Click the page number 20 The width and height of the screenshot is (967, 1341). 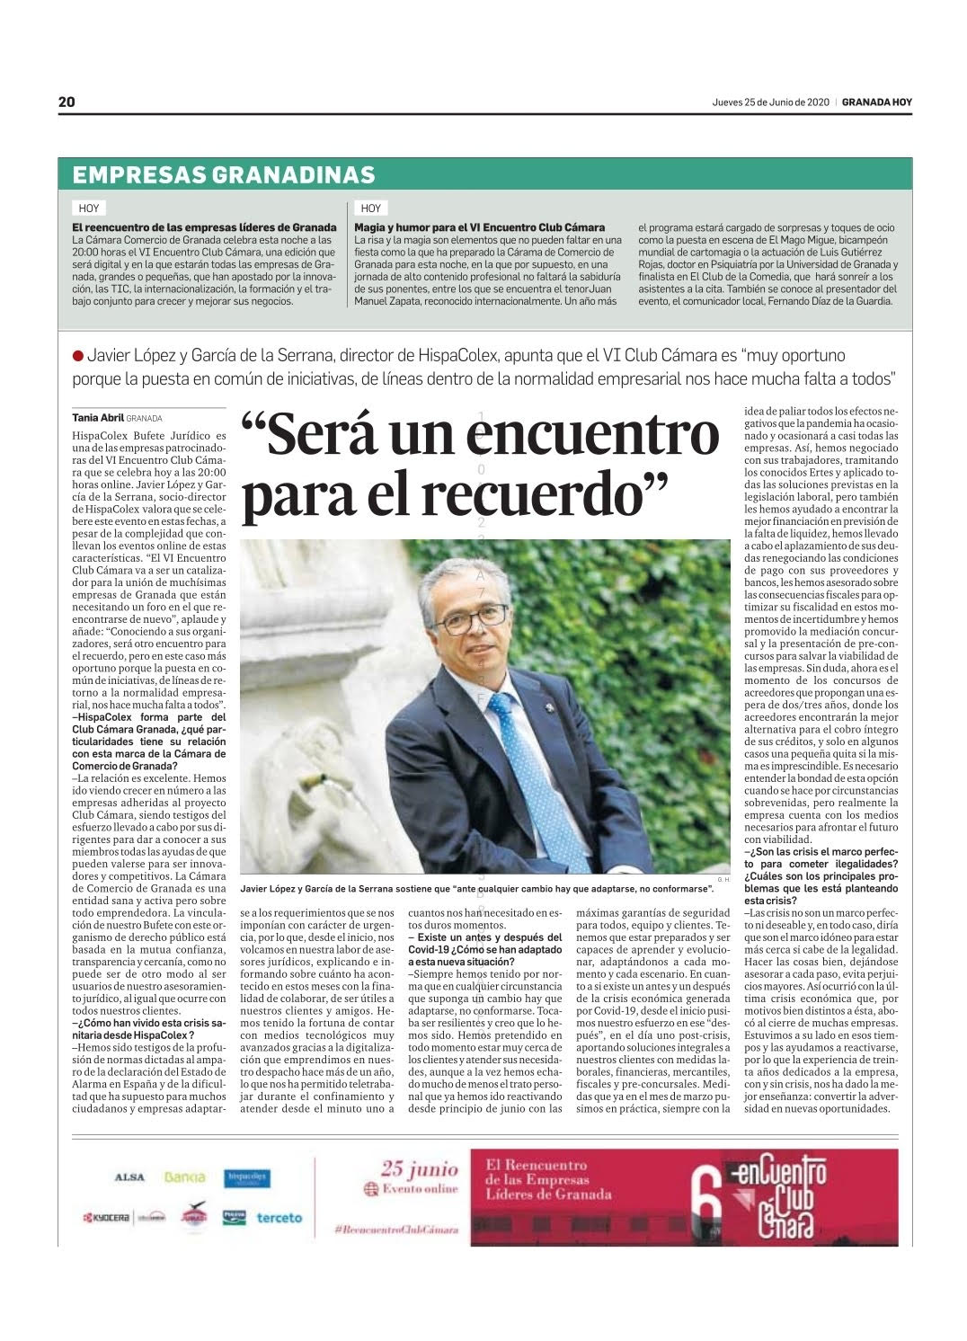(67, 102)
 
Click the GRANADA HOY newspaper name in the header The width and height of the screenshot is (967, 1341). (876, 102)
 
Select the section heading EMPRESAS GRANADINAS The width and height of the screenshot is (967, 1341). (224, 174)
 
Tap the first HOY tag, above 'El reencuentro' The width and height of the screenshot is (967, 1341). (89, 208)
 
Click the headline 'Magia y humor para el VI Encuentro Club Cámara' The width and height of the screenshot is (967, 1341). (480, 227)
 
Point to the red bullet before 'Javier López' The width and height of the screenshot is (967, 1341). (78, 357)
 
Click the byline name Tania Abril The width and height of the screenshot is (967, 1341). (97, 417)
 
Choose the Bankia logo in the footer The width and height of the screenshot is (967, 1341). (185, 1177)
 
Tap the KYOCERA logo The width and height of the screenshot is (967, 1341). (107, 1218)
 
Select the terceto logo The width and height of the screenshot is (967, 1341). (279, 1218)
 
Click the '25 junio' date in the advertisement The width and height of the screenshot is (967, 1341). (420, 1169)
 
